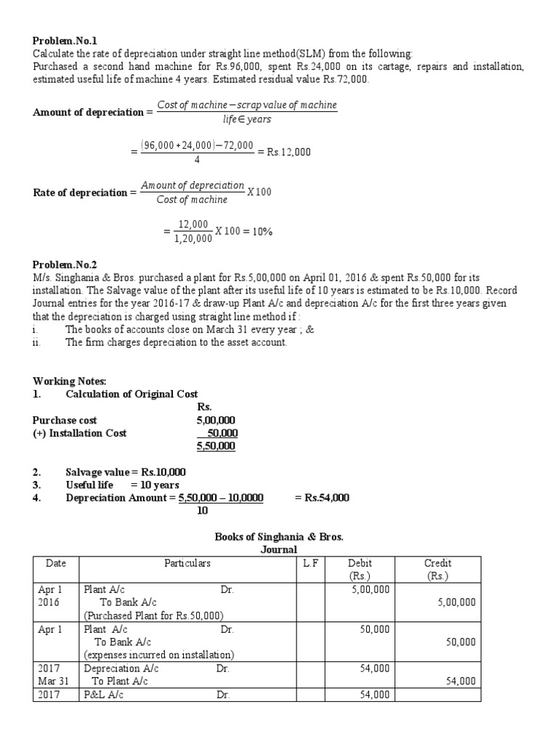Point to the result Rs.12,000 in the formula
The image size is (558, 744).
tap(288, 152)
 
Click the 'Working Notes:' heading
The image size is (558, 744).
tap(70, 381)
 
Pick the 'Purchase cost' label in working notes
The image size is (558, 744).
tap(65, 420)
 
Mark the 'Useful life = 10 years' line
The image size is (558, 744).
tap(122, 485)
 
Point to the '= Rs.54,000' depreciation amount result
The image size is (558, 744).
tap(322, 498)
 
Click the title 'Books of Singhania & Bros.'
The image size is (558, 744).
tap(279, 537)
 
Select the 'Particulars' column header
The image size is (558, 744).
tap(187, 563)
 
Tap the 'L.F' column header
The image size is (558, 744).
tap(315, 563)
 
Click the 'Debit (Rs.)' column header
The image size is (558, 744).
tap(360, 570)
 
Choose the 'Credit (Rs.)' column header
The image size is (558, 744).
tap(437, 570)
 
